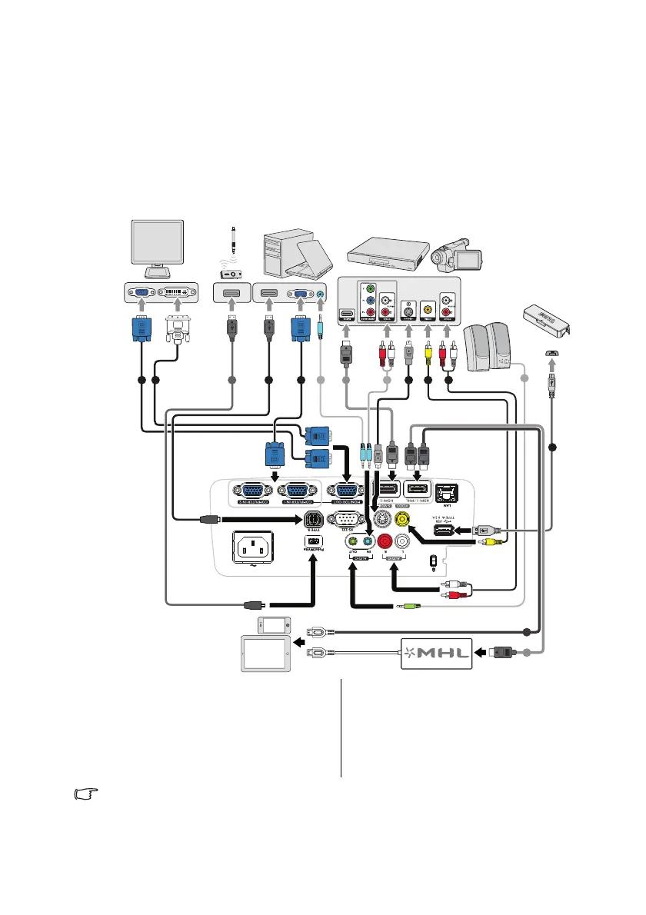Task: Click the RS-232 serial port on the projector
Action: [x=344, y=520]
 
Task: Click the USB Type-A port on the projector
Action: [x=445, y=531]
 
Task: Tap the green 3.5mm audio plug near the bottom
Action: [x=409, y=606]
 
